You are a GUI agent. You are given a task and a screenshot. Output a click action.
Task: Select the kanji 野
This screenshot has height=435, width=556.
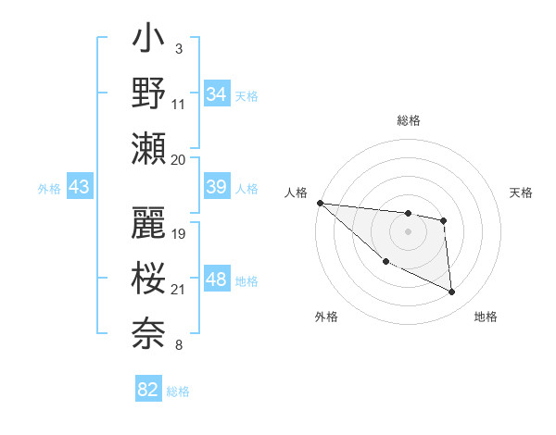tap(149, 93)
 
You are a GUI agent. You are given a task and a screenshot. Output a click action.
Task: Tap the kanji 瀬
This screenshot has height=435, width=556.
tap(149, 149)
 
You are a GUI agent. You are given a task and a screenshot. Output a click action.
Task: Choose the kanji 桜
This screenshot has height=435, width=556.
tap(149, 279)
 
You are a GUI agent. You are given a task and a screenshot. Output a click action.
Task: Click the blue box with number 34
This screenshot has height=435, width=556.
tap(216, 94)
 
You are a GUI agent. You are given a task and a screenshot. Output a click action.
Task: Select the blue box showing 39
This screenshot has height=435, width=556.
tap(216, 187)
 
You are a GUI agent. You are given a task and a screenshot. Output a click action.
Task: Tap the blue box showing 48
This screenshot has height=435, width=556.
tap(216, 280)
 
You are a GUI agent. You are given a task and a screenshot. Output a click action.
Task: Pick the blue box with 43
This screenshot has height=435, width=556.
tap(80, 188)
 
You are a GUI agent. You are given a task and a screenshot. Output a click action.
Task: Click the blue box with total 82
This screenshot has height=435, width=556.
tap(148, 390)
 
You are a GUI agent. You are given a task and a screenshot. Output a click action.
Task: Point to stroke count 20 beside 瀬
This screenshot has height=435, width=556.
tap(179, 159)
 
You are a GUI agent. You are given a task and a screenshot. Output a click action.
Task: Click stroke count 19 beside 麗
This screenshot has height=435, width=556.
tap(179, 233)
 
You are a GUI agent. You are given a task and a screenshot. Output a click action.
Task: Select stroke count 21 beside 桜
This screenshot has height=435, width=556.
tap(179, 291)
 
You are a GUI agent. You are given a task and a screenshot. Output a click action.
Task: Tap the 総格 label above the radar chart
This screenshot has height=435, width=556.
tap(409, 120)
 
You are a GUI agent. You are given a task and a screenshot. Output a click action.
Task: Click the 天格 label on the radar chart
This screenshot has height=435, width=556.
tap(522, 193)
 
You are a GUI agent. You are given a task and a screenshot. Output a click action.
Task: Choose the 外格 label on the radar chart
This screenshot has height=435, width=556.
tap(326, 317)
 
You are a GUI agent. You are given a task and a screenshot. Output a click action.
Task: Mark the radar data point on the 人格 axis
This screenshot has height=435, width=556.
tap(320, 203)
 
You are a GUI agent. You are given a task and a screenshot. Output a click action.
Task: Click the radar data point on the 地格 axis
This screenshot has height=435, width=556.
tap(452, 292)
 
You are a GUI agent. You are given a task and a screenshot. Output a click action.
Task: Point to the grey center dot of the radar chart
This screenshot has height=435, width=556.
tap(408, 231)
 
